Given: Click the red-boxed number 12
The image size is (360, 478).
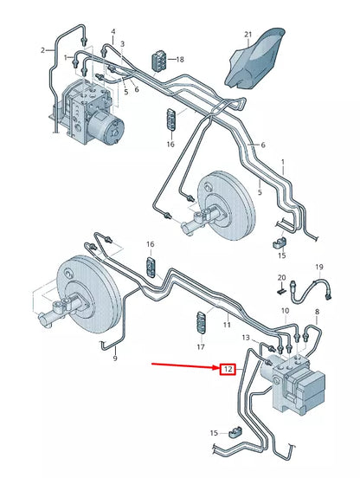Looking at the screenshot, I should [228, 369].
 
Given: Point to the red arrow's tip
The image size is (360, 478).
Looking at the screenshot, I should [217, 369].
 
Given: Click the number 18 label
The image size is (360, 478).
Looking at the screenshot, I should [181, 60].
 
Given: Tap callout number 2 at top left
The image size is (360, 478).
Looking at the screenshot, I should [42, 51].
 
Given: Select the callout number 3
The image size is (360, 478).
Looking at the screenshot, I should [122, 44].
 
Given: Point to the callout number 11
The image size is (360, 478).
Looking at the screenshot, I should [227, 325].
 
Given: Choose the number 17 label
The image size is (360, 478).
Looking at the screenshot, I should [201, 346].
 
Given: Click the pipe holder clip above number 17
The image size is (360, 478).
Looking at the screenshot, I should [201, 323].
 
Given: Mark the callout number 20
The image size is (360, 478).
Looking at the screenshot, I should [280, 278].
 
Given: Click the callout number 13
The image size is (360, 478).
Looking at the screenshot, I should [245, 337].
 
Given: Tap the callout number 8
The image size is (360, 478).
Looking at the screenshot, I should [317, 311].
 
